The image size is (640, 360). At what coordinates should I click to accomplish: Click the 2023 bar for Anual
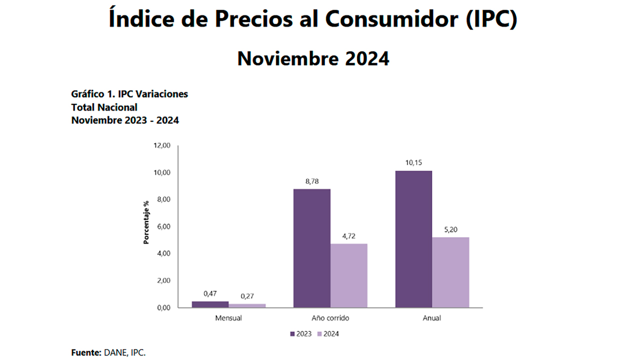(x=413, y=239)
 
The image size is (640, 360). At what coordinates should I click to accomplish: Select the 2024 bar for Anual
(x=450, y=272)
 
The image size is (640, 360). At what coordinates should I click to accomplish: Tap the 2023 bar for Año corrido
(x=311, y=248)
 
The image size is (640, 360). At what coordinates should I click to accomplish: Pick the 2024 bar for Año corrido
(x=348, y=275)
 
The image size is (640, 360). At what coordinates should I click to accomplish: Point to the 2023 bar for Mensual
(x=210, y=304)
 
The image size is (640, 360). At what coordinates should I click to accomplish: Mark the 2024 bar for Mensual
(x=247, y=305)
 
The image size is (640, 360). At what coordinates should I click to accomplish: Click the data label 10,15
(x=413, y=162)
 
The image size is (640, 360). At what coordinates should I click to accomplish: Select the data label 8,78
(x=311, y=181)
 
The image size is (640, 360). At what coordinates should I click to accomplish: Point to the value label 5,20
(x=450, y=229)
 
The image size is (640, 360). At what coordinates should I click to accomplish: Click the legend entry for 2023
(x=300, y=333)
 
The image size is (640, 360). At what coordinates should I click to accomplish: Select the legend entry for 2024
(x=328, y=333)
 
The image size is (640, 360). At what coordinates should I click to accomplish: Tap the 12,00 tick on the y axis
(x=162, y=145)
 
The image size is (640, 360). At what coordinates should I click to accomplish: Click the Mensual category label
(x=228, y=318)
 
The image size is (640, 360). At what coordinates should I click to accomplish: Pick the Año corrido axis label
(x=330, y=318)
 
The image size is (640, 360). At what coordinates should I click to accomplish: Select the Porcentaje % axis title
(x=146, y=222)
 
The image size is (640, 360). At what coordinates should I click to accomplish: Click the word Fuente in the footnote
(x=86, y=352)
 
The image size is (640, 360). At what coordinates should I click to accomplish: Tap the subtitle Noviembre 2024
(x=313, y=58)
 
